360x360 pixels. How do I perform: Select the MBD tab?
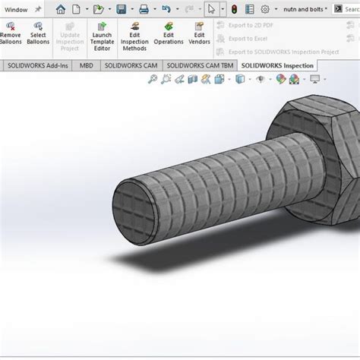click(87, 66)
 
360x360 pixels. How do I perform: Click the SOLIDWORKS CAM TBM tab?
click(201, 66)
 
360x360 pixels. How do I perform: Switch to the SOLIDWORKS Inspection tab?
click(276, 66)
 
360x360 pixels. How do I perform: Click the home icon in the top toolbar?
click(61, 9)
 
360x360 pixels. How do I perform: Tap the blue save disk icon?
click(121, 9)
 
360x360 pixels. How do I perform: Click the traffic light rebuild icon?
click(234, 9)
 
